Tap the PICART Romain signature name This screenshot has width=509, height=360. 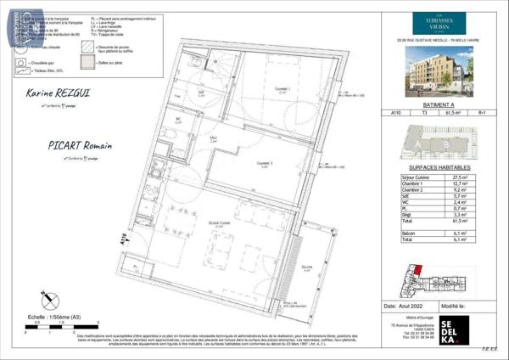[x=53, y=145]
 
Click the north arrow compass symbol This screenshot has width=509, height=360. [x=43, y=299]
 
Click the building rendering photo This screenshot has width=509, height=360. [x=439, y=68]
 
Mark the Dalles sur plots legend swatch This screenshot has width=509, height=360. [x=85, y=62]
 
